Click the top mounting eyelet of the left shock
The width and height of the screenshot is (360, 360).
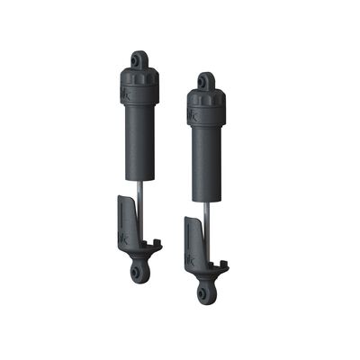[139, 60]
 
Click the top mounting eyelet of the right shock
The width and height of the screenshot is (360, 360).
[206, 83]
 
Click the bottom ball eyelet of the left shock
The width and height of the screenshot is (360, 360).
[137, 273]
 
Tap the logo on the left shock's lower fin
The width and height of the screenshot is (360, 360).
[124, 238]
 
